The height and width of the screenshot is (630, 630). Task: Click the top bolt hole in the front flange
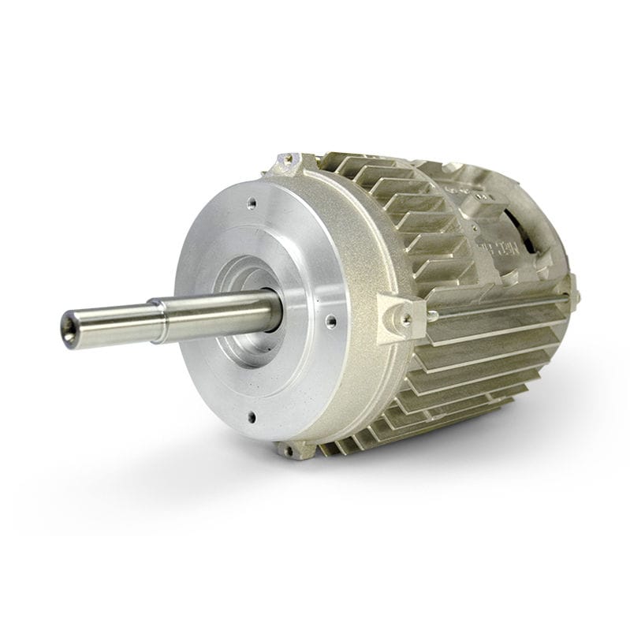coord(251,203)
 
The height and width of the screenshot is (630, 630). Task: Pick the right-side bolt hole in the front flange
coord(331,321)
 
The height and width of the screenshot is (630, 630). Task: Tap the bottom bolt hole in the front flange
coord(252,416)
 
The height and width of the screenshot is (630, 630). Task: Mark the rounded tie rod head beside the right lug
coord(433,315)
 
